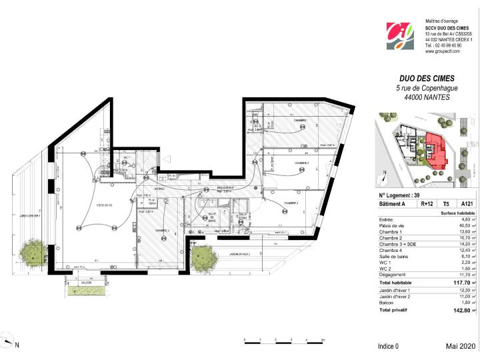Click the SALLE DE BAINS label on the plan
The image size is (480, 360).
click(x=213, y=217)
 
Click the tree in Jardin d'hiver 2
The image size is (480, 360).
click(x=201, y=255)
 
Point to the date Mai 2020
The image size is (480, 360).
click(x=460, y=347)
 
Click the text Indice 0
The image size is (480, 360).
click(x=388, y=347)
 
